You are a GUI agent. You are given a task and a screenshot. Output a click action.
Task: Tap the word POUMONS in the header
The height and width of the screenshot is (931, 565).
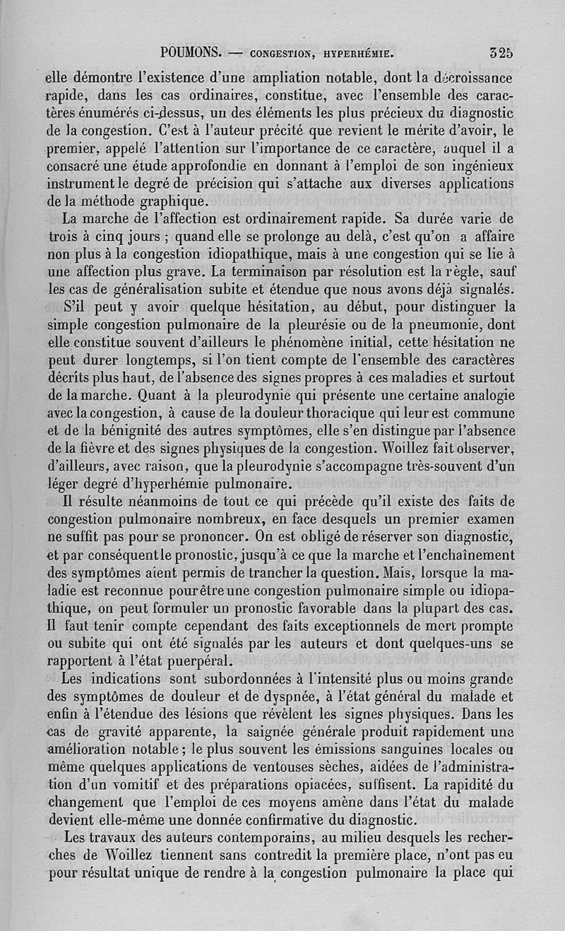click(192, 52)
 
